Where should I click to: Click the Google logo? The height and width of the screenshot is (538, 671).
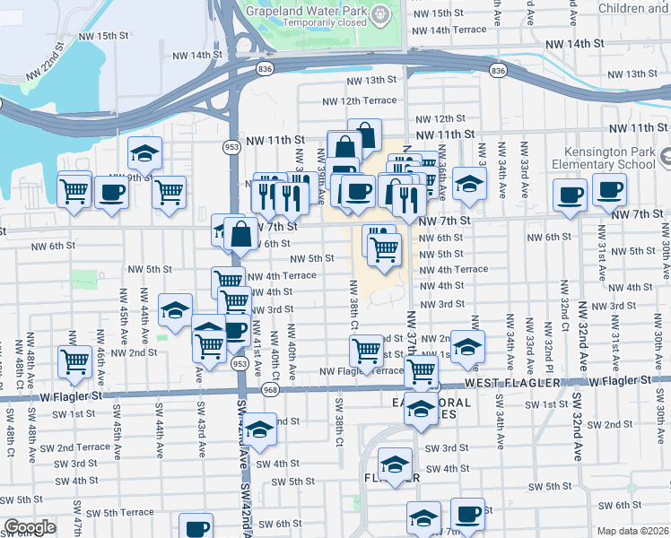click(30, 527)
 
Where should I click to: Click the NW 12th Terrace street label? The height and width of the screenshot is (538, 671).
click(359, 100)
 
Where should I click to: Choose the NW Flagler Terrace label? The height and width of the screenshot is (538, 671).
click(362, 371)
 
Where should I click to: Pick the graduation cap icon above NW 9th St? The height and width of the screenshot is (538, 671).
click(144, 154)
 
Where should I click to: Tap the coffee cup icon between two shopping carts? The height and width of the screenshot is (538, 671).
click(111, 192)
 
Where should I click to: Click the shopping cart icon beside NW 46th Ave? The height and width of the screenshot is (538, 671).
click(74, 361)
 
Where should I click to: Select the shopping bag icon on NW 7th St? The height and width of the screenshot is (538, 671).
click(241, 235)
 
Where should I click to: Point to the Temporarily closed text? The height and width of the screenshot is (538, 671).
click(327, 23)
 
